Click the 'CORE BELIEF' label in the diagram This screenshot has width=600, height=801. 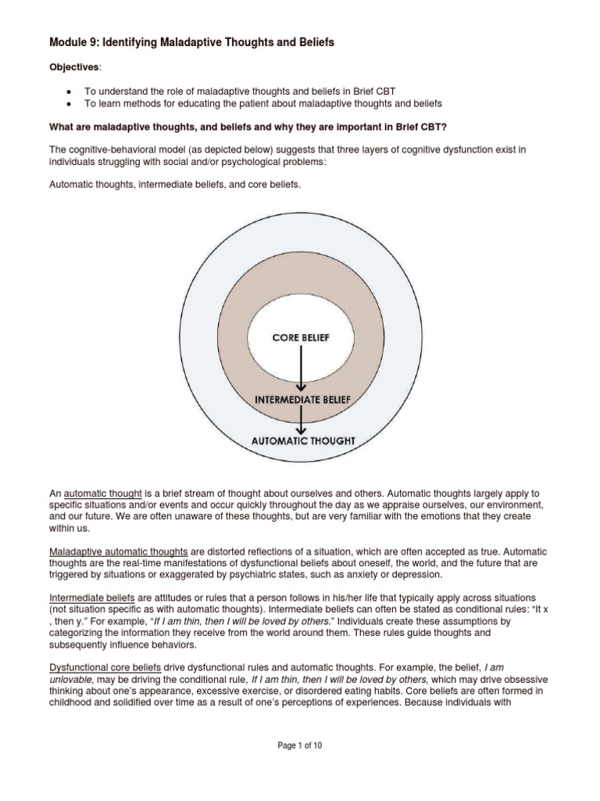301,337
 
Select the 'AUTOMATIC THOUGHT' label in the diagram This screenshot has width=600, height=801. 302,440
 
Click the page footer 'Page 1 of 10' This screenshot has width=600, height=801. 300,767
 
